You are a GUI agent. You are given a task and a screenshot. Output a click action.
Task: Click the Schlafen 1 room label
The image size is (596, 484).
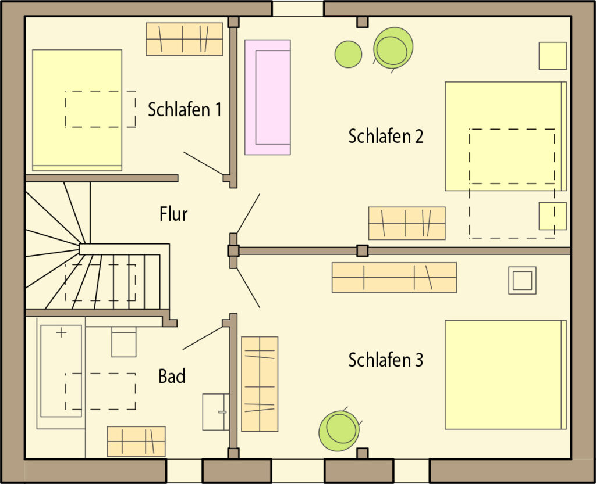(185, 110)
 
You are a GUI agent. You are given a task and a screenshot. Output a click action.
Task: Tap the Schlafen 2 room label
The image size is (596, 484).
(385, 136)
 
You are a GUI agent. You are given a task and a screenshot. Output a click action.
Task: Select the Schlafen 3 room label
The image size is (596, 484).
(385, 360)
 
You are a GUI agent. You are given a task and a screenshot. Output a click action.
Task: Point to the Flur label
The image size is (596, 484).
(173, 214)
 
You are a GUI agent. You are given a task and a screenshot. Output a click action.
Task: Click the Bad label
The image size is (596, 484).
(172, 377)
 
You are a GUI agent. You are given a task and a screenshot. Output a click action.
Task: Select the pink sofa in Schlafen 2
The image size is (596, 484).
(268, 97)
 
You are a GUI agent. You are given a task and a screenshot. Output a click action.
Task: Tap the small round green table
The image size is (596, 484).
(348, 54)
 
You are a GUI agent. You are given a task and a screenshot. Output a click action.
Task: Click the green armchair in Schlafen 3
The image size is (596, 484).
(339, 431)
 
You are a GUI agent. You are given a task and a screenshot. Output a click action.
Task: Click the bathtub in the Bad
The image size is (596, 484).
(61, 371)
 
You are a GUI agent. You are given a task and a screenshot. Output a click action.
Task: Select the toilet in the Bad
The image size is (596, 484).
(124, 342)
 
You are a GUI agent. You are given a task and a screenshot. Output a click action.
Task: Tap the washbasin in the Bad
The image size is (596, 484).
(215, 412)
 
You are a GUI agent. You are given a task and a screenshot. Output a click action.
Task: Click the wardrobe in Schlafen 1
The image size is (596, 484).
(185, 39)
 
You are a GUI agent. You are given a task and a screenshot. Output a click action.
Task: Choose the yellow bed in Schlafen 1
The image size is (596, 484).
(77, 110)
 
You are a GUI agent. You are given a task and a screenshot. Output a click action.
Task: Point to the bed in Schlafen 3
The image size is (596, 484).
(506, 375)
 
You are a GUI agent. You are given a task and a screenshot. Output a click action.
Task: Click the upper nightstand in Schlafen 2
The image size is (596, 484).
(553, 56)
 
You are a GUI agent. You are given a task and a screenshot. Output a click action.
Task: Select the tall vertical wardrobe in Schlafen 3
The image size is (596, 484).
(260, 384)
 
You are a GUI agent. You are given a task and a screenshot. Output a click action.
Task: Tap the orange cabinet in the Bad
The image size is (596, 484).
(136, 442)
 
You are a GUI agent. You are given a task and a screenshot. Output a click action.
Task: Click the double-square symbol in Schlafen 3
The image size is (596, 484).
(522, 280)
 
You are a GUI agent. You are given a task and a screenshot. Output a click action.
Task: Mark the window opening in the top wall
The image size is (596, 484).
(297, 8)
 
